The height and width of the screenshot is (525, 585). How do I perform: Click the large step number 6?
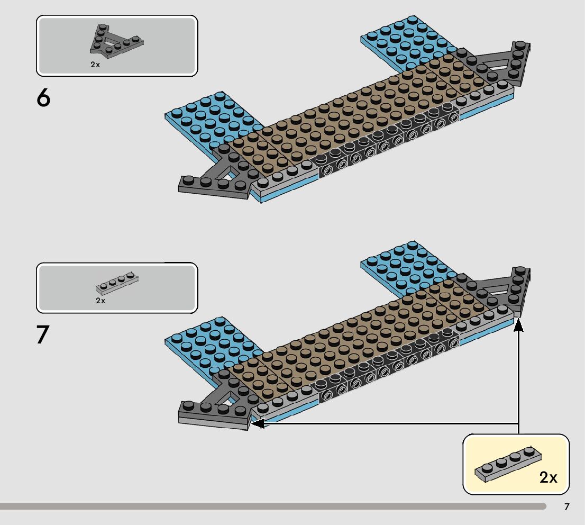pyautogui.click(x=44, y=98)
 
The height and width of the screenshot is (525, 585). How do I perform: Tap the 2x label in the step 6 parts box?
pyautogui.click(x=95, y=64)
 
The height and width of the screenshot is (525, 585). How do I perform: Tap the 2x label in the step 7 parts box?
pyautogui.click(x=100, y=300)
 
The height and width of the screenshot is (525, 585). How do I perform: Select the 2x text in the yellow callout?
pyautogui.click(x=549, y=477)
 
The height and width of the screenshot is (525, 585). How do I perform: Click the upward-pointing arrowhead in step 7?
pyautogui.click(x=519, y=325)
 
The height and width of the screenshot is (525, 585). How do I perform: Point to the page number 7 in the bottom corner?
pyautogui.click(x=567, y=507)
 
